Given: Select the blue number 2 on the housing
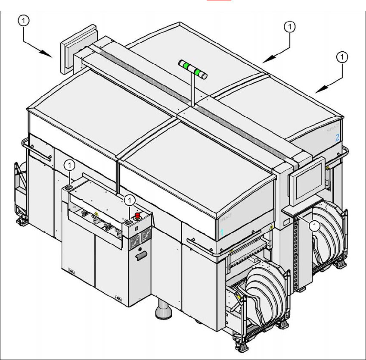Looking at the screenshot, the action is coord(338,138).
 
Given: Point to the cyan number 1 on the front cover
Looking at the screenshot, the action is coord(222,232).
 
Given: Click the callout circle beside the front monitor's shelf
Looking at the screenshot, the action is coord(316,225).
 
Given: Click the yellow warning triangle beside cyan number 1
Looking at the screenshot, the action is coord(271,226).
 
